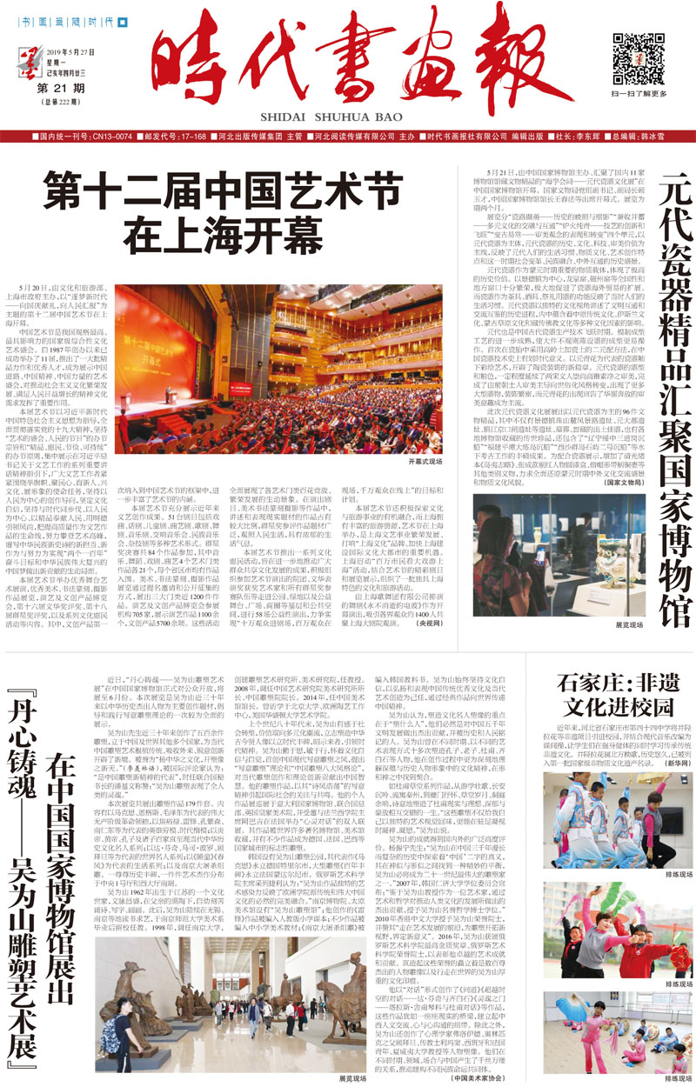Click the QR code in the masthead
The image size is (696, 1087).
632,57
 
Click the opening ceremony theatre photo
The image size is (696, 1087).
280,371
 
